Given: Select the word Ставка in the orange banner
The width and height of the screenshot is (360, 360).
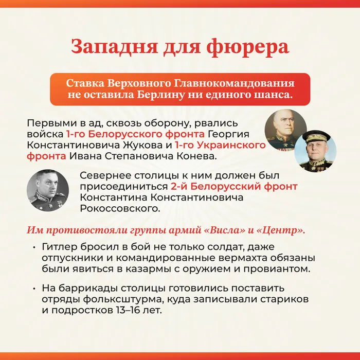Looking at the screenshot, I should coord(85,83).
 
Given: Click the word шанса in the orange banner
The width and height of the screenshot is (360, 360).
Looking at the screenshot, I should coord(273,95).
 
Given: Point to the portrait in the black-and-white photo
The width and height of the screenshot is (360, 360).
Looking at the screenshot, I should coord(48,190).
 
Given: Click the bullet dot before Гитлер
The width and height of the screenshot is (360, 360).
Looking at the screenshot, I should coord(34,248).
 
